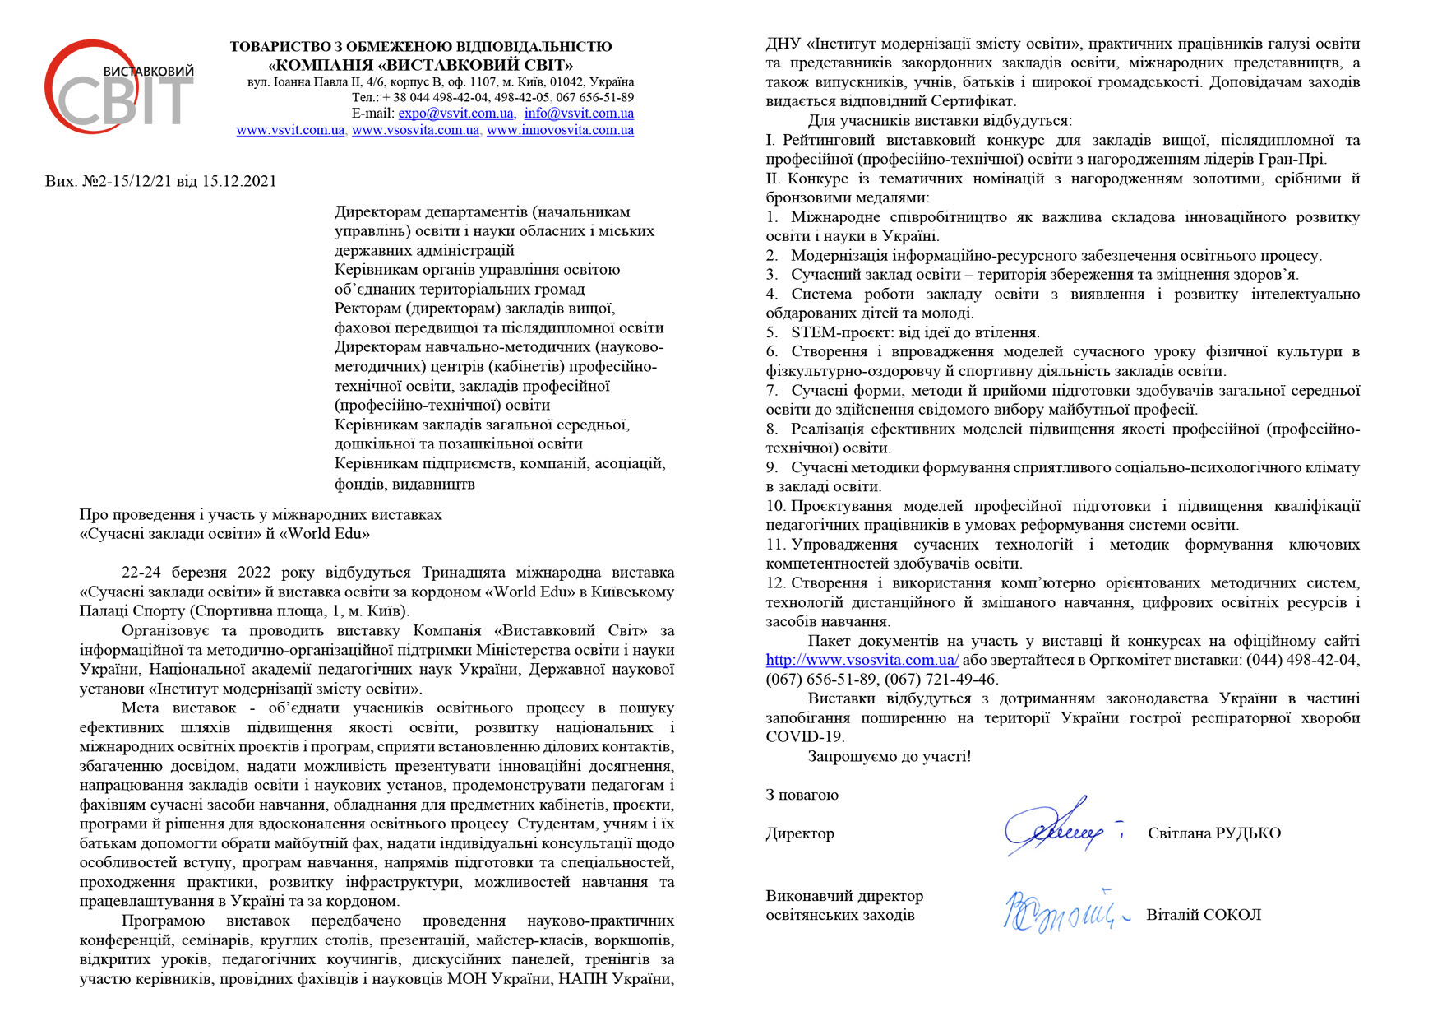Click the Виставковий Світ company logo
point(119,87)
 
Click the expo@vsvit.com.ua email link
point(456,114)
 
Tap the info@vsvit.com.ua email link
point(579,114)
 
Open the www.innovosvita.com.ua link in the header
point(560,130)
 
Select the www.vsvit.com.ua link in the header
point(290,130)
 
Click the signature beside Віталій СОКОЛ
point(1061,912)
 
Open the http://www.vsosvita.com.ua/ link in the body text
point(862,660)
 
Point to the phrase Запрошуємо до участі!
point(890,756)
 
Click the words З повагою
point(802,795)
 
